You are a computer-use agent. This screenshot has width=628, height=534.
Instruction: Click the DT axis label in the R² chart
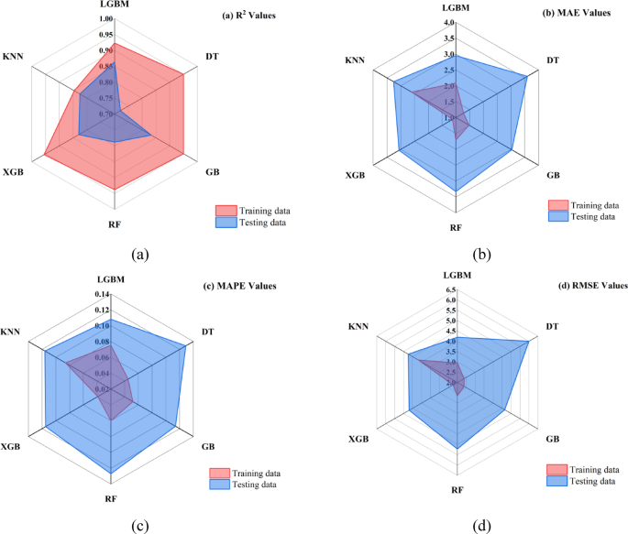click(x=213, y=57)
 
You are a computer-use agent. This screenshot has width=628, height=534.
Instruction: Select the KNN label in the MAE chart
click(x=355, y=60)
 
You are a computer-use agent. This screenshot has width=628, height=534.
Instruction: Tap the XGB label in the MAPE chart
click(x=10, y=447)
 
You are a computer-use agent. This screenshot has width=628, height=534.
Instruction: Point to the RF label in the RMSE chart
click(x=457, y=490)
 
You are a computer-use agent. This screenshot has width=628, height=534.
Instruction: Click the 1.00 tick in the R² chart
click(x=106, y=19)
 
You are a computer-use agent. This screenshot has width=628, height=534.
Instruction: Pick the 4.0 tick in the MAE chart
click(x=449, y=22)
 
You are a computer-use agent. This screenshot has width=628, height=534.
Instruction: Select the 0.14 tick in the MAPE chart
click(x=102, y=294)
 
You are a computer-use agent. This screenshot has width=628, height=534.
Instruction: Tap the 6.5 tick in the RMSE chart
click(x=450, y=289)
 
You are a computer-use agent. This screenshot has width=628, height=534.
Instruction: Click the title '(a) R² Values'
click(x=249, y=16)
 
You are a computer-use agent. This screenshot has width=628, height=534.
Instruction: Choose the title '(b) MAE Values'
click(x=577, y=13)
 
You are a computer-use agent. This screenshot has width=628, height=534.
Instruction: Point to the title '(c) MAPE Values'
click(x=240, y=286)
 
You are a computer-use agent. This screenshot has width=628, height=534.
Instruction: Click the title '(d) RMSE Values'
click(x=593, y=286)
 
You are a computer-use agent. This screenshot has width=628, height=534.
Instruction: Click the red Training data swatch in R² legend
click(x=226, y=211)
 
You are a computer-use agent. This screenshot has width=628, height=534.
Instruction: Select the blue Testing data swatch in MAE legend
click(x=558, y=216)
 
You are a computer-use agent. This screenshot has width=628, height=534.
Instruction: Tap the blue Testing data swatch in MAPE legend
click(x=219, y=485)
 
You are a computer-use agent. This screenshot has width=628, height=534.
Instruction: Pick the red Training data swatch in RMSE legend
click(x=556, y=470)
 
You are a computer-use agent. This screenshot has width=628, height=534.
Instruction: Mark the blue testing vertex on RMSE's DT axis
click(x=529, y=342)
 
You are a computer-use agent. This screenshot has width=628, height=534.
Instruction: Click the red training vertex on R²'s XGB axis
click(x=44, y=154)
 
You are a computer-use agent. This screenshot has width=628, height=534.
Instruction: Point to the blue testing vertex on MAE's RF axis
click(x=456, y=191)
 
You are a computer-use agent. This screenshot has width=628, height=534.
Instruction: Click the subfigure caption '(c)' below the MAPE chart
click(x=140, y=526)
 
